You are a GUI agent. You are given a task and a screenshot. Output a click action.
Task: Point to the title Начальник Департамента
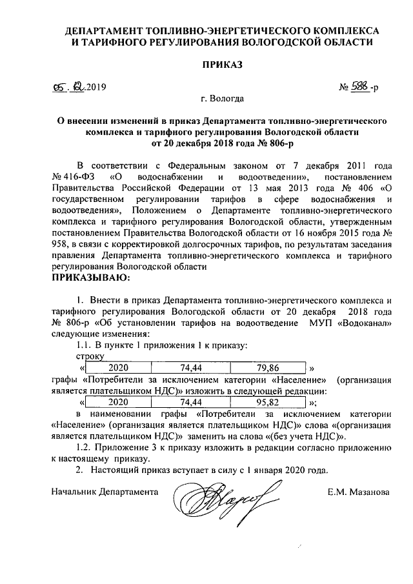[105, 492]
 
